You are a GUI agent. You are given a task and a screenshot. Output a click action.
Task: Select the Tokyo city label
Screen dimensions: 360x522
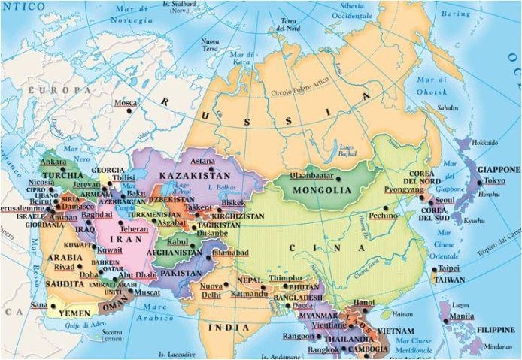(494, 182)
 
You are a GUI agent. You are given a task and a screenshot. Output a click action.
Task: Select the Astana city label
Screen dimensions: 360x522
(202, 161)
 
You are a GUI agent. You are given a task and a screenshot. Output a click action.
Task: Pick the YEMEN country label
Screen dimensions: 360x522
(72, 307)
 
